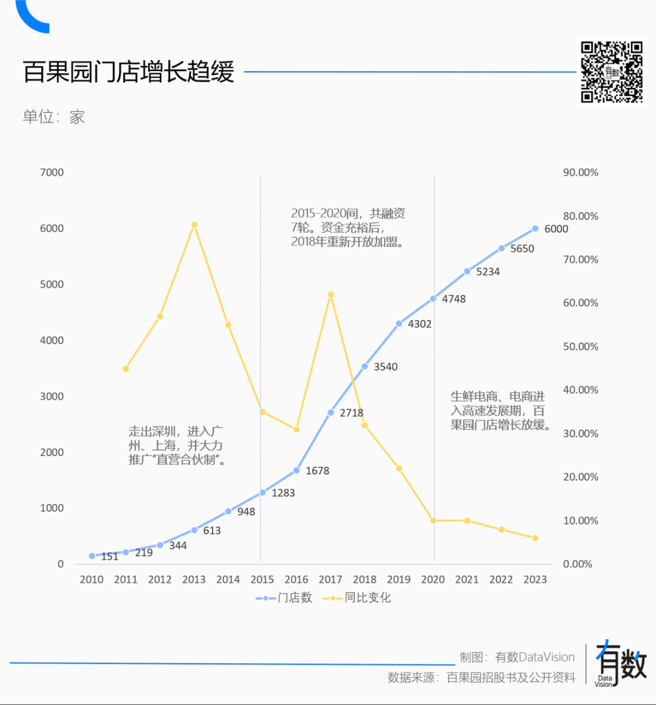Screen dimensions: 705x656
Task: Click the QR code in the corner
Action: coord(611,72)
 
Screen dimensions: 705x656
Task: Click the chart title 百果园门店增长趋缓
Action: coord(129,72)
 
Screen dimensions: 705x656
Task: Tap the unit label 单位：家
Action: coord(53,117)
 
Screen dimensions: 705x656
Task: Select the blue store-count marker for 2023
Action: coord(535,229)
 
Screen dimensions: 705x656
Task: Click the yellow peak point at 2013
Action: coord(194,225)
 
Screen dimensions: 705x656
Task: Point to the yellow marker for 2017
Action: coord(330,295)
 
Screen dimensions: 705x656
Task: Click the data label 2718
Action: coord(351,413)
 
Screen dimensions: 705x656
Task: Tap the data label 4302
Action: coord(420,324)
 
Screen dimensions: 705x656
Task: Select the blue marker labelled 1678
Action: coord(296,471)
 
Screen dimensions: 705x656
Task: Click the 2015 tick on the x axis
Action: coord(262,579)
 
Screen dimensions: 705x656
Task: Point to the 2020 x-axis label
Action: coord(433,579)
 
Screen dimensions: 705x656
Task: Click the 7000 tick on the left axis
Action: coord(52,172)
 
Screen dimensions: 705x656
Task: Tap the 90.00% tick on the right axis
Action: coord(580,172)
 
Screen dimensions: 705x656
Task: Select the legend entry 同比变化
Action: coord(358,598)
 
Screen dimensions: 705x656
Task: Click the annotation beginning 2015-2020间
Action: coord(348,228)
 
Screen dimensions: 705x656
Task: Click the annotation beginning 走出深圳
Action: coord(177,445)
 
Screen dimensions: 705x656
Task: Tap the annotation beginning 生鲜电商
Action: coord(500,410)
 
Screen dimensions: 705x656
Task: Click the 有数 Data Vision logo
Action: coord(620,664)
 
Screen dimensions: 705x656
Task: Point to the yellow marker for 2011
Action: coord(126,369)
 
